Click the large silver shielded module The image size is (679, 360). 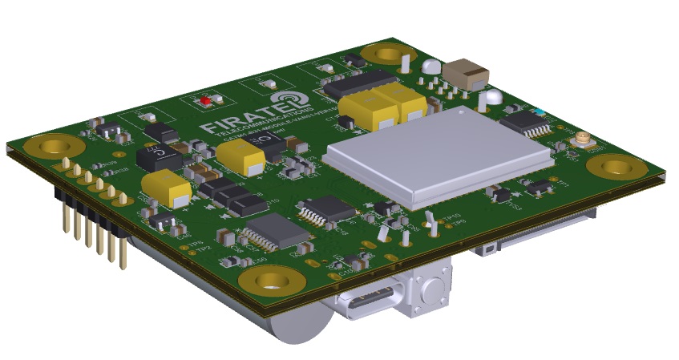click(x=438, y=154)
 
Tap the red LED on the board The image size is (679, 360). click(x=205, y=102)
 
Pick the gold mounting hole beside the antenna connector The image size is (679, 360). click(x=616, y=167)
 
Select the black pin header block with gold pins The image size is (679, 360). click(x=88, y=214)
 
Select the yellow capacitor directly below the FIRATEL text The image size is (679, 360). click(x=240, y=156)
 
